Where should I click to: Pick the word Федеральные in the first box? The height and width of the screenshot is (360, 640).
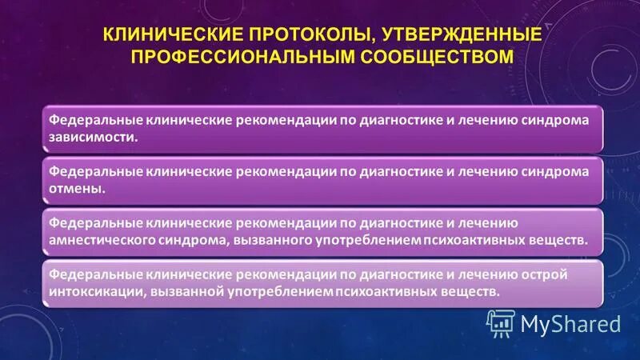[x=94, y=120]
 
